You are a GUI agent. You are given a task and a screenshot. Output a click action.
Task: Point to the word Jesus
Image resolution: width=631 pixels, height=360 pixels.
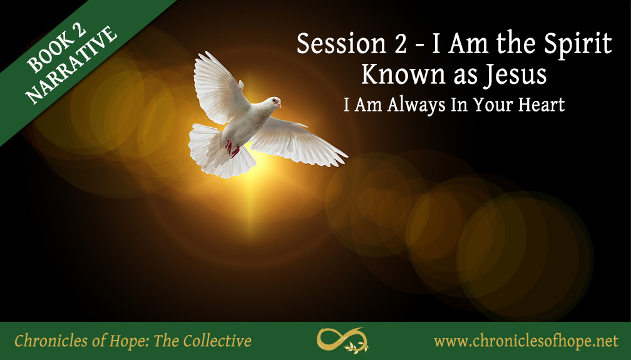pyautogui.click(x=516, y=75)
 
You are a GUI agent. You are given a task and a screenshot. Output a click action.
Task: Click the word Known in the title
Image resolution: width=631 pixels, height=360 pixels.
pyautogui.click(x=393, y=75)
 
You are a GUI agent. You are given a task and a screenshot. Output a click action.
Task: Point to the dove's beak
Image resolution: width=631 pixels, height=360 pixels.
pyautogui.click(x=279, y=105)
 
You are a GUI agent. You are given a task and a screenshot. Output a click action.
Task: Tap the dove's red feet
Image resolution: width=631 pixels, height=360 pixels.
pyautogui.click(x=232, y=148)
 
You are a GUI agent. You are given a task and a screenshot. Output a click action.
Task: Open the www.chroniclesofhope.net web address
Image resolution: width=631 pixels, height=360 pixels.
pyautogui.click(x=526, y=341)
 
